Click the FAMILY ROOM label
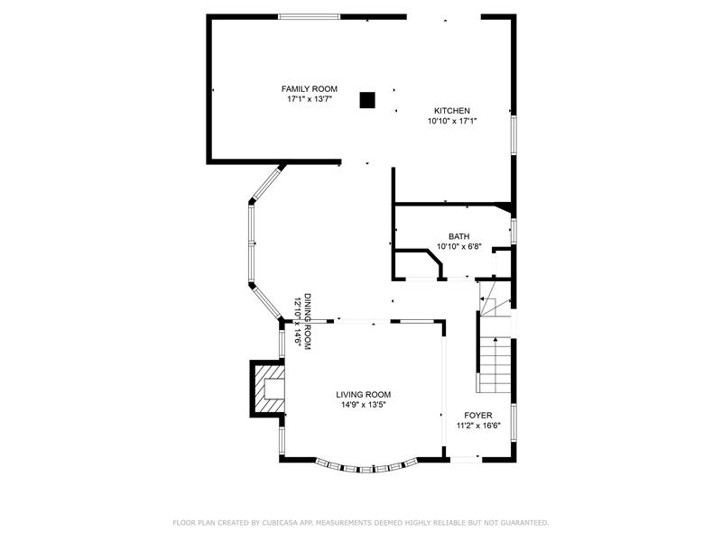click(309, 88)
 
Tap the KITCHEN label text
click(452, 110)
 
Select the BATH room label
click(459, 236)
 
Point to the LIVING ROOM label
click(364, 394)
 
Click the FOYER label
click(478, 415)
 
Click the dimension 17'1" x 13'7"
click(310, 99)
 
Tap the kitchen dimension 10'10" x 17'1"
click(452, 121)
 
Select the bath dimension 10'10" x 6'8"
click(459, 246)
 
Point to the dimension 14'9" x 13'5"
click(364, 405)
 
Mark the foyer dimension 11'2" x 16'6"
click(478, 426)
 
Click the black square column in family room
click(367, 100)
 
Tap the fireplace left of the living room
click(267, 388)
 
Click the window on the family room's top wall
click(309, 16)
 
